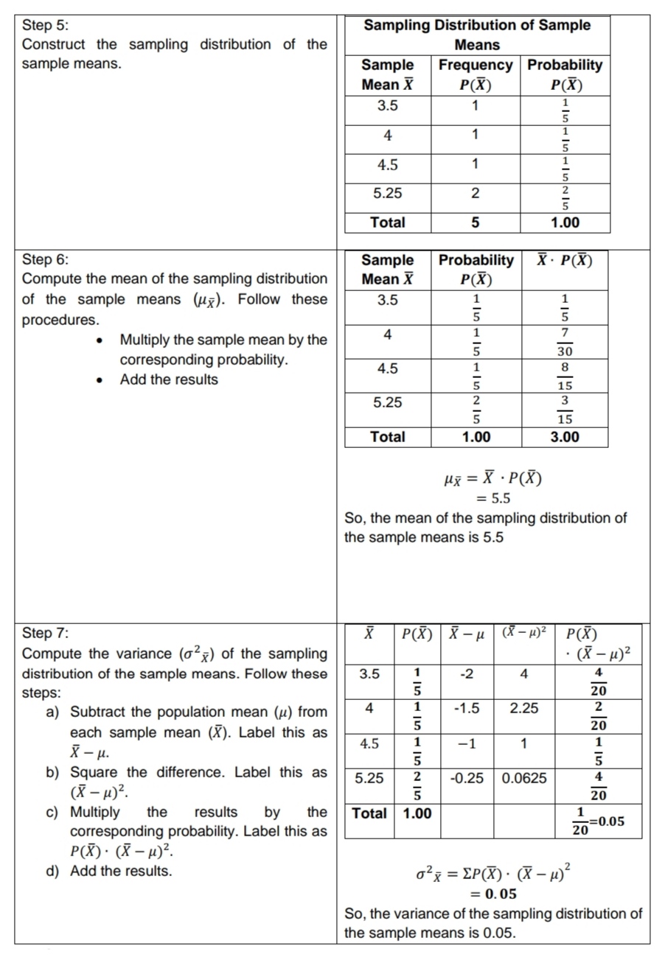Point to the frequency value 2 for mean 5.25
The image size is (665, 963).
coord(476,194)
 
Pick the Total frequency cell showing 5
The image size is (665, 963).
coord(476,223)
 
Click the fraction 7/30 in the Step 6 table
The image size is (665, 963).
coord(564,343)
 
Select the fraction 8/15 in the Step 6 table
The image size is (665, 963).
coord(564,376)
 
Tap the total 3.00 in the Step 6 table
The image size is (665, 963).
coord(564,437)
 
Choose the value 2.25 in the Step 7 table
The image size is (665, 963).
coord(523,709)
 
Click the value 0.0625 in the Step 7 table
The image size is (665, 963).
coord(523,778)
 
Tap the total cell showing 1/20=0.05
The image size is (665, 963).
coord(597,822)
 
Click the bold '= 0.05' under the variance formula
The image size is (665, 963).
coord(493,894)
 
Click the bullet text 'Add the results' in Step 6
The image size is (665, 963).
coord(169,380)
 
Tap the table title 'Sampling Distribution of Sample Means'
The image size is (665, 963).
coord(478,35)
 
